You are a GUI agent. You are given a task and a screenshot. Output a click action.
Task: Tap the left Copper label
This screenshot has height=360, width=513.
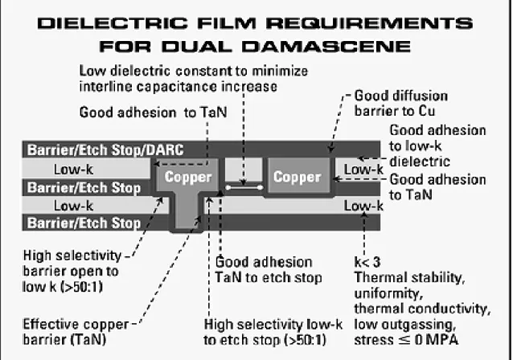(x=188, y=177)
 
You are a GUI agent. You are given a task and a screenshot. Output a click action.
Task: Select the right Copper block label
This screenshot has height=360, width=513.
(x=297, y=177)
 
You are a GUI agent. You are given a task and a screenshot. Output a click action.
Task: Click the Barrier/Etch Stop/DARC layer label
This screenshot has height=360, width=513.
(x=105, y=149)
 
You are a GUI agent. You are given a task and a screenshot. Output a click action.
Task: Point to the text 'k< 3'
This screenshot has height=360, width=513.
(x=367, y=262)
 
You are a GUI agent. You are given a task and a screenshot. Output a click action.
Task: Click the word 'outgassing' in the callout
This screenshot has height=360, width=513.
(x=419, y=325)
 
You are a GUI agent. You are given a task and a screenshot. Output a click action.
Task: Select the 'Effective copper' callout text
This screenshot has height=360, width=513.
(x=76, y=325)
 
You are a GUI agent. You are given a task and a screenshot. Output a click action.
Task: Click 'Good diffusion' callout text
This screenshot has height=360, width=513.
(x=401, y=96)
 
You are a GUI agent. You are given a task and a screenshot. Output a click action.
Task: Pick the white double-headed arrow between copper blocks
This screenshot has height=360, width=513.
(x=244, y=188)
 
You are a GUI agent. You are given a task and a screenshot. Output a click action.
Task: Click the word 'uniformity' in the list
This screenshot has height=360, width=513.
(x=388, y=293)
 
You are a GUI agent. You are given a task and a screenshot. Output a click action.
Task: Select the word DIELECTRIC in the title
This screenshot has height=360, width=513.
(x=113, y=23)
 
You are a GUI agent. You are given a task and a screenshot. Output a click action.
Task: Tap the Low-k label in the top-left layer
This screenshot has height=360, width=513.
(x=74, y=170)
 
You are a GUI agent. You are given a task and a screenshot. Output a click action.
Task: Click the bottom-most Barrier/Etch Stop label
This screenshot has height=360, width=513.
(x=84, y=223)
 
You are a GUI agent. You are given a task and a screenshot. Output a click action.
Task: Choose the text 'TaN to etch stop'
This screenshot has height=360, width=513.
(x=269, y=277)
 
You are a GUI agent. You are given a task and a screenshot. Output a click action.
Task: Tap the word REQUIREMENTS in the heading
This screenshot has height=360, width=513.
(x=369, y=23)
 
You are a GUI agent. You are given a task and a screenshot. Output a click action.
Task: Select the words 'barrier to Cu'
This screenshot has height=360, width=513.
(x=395, y=111)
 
